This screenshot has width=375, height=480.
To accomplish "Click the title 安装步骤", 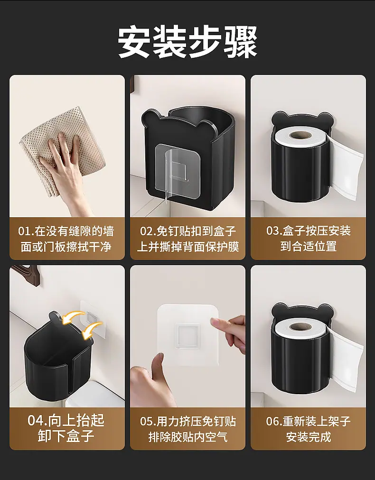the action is click(x=187, y=42).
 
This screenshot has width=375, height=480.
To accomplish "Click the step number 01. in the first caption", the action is click(x=26, y=231).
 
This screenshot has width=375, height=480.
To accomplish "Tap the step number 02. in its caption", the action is click(x=148, y=231).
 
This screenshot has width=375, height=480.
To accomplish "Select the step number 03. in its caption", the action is click(x=274, y=231).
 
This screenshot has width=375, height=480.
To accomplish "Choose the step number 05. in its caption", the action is click(x=148, y=422).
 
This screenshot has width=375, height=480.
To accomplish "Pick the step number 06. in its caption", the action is click(x=274, y=421).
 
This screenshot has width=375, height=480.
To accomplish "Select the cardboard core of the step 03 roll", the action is click(x=300, y=135).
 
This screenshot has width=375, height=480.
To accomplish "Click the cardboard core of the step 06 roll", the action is click(x=300, y=327).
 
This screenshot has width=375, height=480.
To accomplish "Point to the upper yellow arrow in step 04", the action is click(x=73, y=317).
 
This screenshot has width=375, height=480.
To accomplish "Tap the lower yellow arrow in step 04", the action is click(x=92, y=331).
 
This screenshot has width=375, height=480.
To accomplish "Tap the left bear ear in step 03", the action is click(x=279, y=118).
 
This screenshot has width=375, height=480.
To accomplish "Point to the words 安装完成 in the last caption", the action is click(x=309, y=437).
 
